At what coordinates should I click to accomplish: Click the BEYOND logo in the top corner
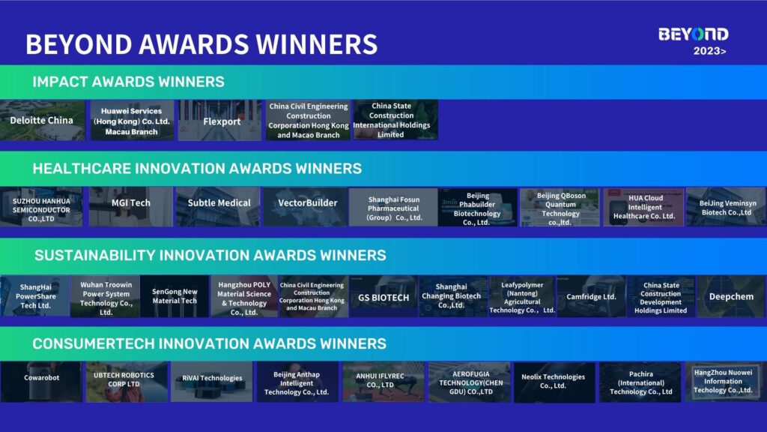[x=693, y=34]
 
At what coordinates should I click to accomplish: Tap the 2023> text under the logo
[x=710, y=51]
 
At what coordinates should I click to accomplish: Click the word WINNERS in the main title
[x=317, y=44]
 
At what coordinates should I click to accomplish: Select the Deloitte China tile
[x=42, y=120]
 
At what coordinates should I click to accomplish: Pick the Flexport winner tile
[x=219, y=121]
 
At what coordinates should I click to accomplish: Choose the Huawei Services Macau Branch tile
[x=132, y=121]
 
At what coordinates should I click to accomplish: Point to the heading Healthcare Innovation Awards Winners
[x=197, y=169]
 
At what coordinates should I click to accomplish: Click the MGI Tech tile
[x=130, y=206]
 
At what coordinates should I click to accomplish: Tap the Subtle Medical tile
[x=218, y=206]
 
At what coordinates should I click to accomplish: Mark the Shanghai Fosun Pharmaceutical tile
[x=393, y=207]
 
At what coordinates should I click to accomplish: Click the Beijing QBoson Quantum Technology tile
[x=560, y=207]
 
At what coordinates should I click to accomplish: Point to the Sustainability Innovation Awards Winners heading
[x=210, y=255]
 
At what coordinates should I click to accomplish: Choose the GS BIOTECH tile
[x=383, y=296]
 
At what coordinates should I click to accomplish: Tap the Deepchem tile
[x=732, y=296]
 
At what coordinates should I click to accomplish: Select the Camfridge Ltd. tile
[x=592, y=296]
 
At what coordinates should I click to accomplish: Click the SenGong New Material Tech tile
[x=175, y=296]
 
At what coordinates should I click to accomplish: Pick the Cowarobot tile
[x=41, y=382]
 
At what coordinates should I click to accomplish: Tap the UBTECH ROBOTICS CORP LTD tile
[x=127, y=382]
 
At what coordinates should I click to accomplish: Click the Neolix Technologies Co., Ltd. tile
[x=554, y=382]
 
